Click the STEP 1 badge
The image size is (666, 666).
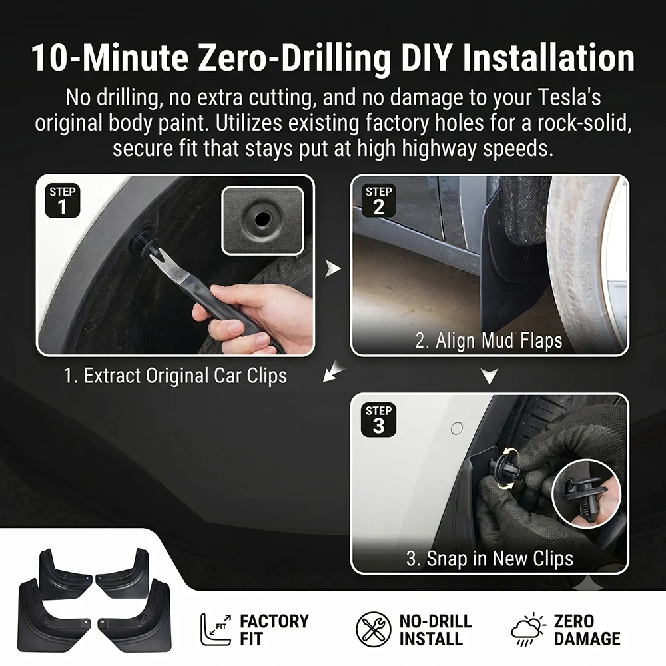coord(63,201)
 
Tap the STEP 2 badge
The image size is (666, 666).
coord(378,201)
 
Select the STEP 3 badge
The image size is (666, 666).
coord(378,420)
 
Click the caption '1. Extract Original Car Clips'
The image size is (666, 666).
coord(175,376)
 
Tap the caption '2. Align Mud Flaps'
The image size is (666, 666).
coord(488,340)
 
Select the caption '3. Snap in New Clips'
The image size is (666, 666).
coord(490,559)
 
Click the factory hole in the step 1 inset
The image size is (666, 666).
coord(262,220)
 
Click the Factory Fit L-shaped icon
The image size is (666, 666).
coord(216,629)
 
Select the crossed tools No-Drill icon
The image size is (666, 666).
coord(374,629)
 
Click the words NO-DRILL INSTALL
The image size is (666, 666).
coord(436,630)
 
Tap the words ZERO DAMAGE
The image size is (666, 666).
coord(587,630)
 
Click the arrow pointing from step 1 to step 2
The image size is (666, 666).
coord(333,268)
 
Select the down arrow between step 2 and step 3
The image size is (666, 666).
coord(490,376)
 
